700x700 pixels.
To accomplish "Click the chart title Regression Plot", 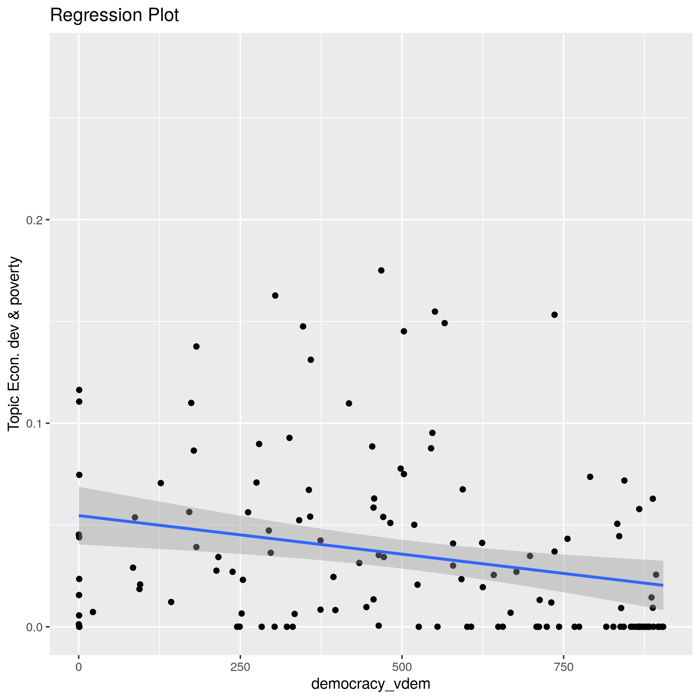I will coord(114,16).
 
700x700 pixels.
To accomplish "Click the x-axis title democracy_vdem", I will coord(371,684).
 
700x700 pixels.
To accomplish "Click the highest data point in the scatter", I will coord(381,270).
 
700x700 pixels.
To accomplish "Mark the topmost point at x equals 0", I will coord(79,390).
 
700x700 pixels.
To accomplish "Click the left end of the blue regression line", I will coord(79,515).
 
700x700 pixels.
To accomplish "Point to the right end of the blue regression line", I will coord(663,585).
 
